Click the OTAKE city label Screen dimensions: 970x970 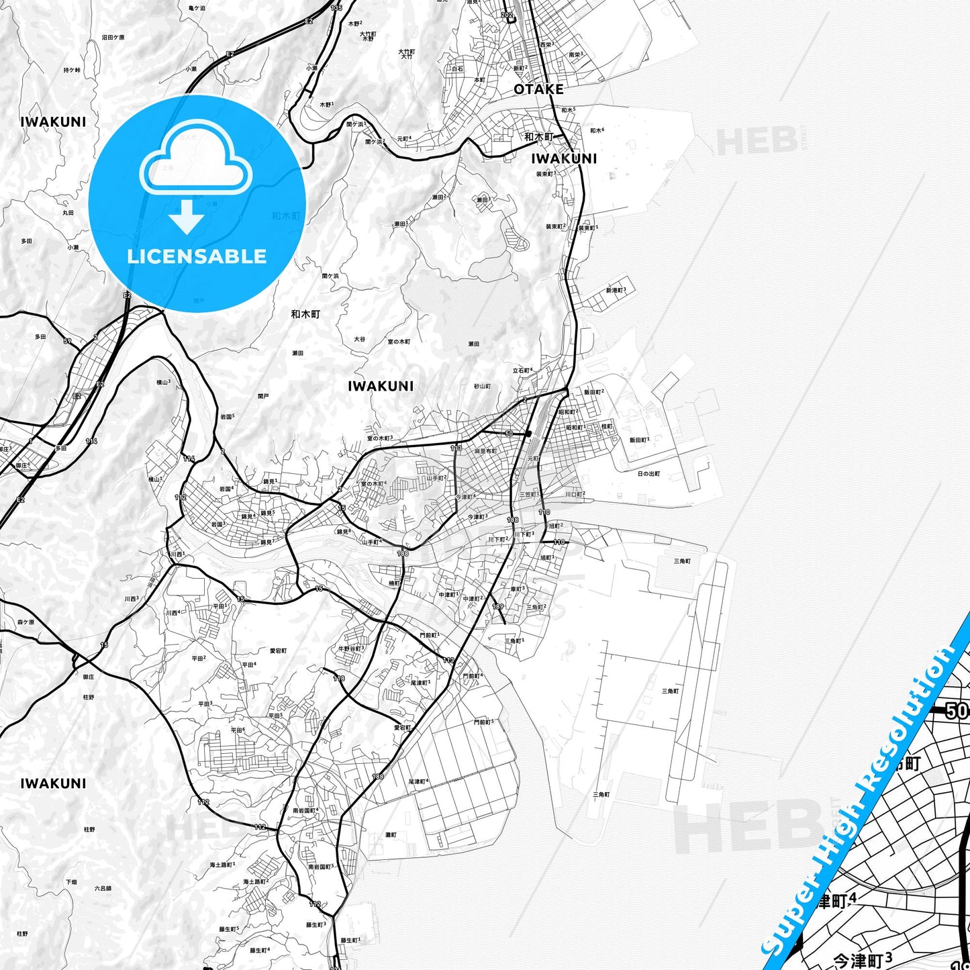pos(538,89)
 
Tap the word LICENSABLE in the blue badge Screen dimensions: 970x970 pos(197,256)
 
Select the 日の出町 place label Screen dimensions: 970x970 pos(648,474)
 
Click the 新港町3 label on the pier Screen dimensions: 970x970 pos(616,290)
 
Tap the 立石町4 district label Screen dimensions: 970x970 pos(522,370)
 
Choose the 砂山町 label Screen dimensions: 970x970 pos(483,386)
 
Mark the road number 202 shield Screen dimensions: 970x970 pos(507,14)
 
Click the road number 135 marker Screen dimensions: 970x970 pos(336,7)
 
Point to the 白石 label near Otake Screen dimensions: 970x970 pos(458,68)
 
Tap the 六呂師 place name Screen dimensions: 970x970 pos(103,888)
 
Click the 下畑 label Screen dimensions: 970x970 pos(71,881)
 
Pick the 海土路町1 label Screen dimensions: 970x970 pos(221,865)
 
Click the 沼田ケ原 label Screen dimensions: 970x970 pos(113,38)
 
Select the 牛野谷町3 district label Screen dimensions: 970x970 pos(350,648)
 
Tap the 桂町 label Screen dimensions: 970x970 pos(607,426)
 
